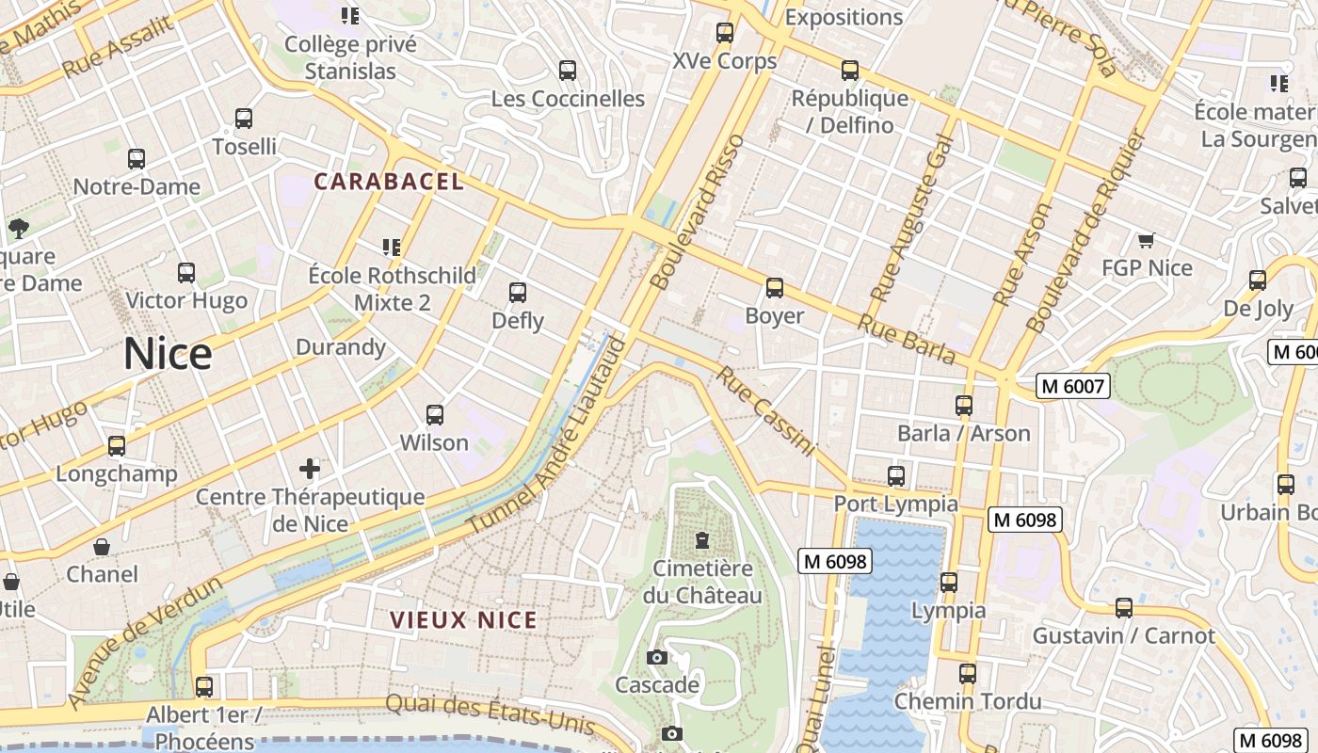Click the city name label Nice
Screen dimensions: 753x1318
click(168, 354)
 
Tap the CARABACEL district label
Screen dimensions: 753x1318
click(389, 182)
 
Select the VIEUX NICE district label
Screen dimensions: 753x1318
click(464, 620)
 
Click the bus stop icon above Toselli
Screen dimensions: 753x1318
click(244, 119)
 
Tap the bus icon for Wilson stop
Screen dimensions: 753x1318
click(434, 415)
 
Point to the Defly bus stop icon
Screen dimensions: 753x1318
click(518, 293)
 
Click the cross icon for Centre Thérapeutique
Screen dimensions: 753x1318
click(310, 468)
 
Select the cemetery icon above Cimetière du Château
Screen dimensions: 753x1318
click(701, 540)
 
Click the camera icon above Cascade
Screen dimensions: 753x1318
click(657, 657)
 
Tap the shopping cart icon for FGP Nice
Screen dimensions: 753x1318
click(1146, 240)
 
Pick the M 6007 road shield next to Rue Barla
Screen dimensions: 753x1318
click(1073, 385)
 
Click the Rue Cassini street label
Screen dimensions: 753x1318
click(764, 411)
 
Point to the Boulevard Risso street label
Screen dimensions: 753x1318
click(698, 213)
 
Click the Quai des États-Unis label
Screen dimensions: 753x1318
click(490, 714)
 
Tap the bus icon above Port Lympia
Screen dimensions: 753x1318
click(896, 476)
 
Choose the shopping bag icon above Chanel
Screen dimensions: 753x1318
click(102, 547)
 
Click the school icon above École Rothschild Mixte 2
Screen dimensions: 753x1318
click(392, 248)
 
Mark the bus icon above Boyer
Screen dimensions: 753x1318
click(774, 288)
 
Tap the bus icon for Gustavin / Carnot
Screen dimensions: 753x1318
click(1123, 608)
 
